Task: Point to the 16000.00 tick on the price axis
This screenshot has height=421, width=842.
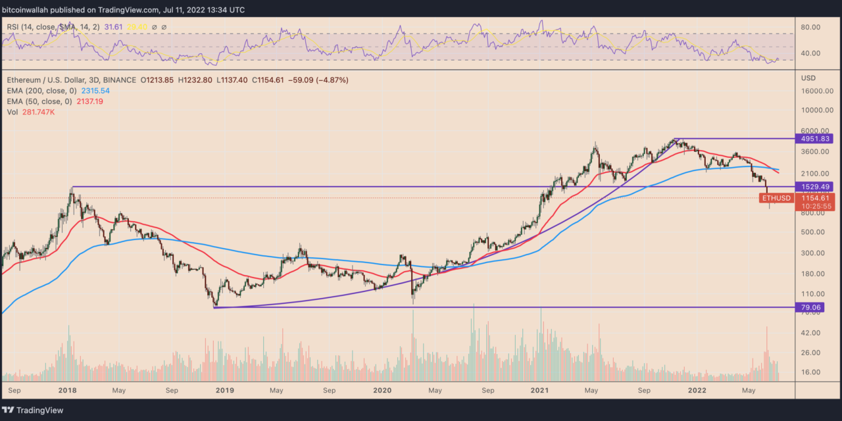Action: pyautogui.click(x=817, y=91)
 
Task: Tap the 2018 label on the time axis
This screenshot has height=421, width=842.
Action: pyautogui.click(x=68, y=389)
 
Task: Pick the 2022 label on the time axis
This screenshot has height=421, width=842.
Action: pyautogui.click(x=697, y=389)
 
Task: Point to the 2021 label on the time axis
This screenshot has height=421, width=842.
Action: pyautogui.click(x=540, y=389)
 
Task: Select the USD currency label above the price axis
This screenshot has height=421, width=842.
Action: pyautogui.click(x=808, y=78)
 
